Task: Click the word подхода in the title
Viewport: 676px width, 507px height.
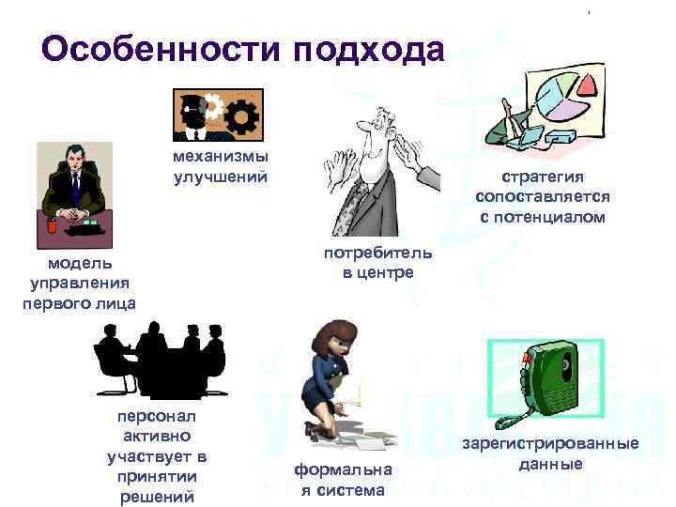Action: [369, 49]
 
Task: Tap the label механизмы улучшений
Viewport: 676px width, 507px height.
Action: [220, 166]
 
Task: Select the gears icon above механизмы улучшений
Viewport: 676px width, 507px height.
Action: [218, 115]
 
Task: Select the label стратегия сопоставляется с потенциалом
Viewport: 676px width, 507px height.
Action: [543, 196]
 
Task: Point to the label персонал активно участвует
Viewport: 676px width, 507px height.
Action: [157, 456]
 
